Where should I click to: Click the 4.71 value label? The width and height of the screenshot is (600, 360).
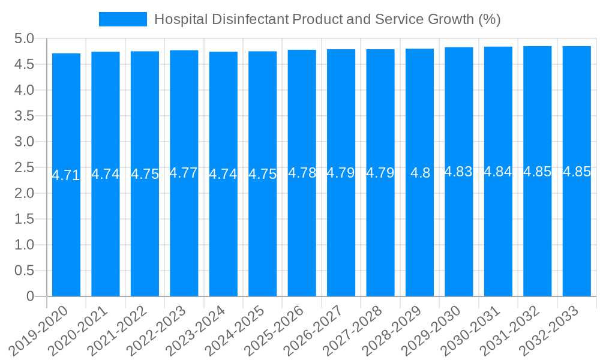pos(66,175)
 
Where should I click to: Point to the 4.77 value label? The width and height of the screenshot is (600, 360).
pos(184,173)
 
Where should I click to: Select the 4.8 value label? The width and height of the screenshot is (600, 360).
pos(419,173)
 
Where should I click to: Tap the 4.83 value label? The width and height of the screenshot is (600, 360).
pos(459,172)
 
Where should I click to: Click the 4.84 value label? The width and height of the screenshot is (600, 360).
pos(498,172)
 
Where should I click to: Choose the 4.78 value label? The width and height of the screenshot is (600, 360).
pos(302,173)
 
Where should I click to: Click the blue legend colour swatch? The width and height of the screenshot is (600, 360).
pos(123,19)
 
